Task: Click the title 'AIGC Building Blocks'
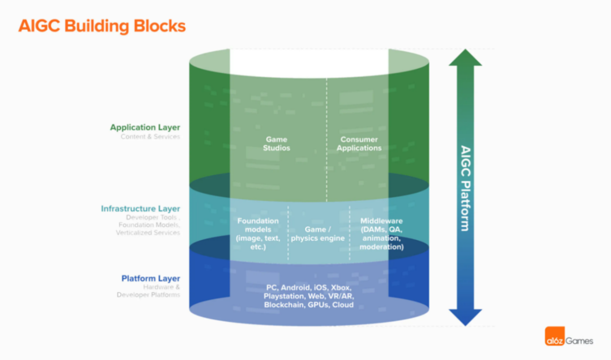(102, 26)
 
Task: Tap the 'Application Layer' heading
(145, 127)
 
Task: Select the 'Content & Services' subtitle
(150, 136)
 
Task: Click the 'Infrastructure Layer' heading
(140, 209)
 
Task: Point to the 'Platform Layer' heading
(151, 278)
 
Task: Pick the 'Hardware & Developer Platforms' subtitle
(148, 291)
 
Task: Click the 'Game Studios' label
(276, 144)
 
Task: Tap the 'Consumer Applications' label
(359, 144)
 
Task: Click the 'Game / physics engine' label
(317, 234)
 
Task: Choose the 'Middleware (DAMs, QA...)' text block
(381, 234)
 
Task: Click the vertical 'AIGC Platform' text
(466, 188)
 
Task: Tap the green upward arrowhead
(465, 58)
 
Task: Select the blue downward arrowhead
(465, 318)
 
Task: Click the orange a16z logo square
(554, 336)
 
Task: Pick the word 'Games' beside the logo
(579, 341)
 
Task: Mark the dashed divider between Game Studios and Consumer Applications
(326, 140)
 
